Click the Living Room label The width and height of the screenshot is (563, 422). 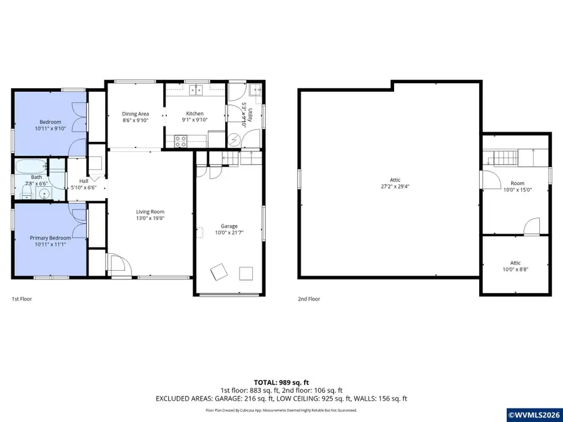(150, 212)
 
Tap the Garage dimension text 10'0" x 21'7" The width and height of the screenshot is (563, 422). (229, 233)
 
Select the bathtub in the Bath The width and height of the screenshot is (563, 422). (30, 168)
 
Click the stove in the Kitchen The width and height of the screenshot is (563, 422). (181, 142)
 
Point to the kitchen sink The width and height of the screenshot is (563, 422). (196, 91)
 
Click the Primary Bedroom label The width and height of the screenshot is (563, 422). (50, 238)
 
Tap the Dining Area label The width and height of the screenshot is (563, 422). (135, 114)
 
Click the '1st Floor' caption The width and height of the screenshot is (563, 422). (22, 299)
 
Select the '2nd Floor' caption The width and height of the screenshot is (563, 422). (308, 299)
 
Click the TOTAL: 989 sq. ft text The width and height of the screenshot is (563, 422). (281, 382)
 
